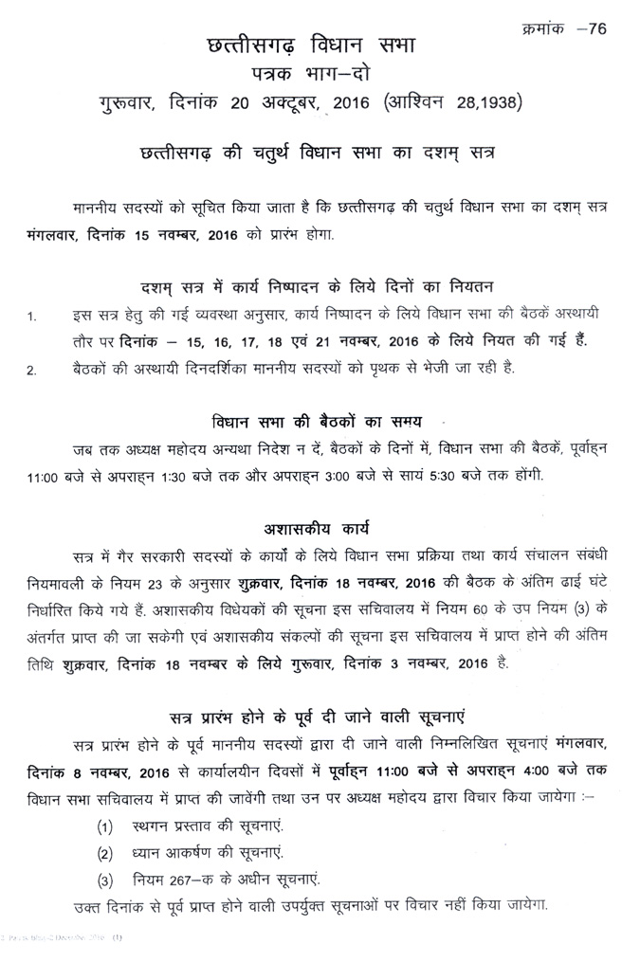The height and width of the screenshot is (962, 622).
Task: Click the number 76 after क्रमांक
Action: [x=596, y=27]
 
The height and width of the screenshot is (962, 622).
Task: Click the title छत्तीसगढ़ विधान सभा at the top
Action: [x=313, y=47]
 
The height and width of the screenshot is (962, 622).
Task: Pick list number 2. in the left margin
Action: [x=30, y=370]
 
